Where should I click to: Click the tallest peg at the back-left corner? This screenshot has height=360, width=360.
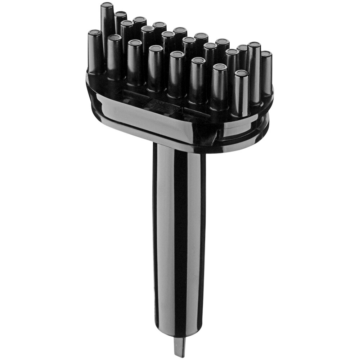point(107,18)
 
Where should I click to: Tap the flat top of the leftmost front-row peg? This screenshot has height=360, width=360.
point(95,33)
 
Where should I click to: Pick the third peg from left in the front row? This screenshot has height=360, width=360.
point(135,44)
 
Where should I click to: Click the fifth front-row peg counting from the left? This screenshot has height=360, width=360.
point(177,55)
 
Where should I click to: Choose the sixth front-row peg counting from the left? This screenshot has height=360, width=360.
point(198,61)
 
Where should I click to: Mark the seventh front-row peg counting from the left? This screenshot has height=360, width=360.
point(220,67)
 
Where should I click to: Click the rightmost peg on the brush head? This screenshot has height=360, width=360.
point(266,54)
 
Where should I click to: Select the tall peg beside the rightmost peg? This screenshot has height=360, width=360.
point(254,45)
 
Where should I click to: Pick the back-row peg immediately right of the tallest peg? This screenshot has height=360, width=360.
point(121,15)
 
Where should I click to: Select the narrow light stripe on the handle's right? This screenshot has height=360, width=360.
point(194,234)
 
